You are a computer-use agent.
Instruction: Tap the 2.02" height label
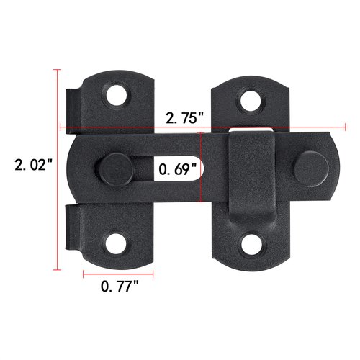pos(34,165)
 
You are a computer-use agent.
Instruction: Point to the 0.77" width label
pos(120,287)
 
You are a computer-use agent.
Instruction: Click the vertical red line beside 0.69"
pos(209,171)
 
